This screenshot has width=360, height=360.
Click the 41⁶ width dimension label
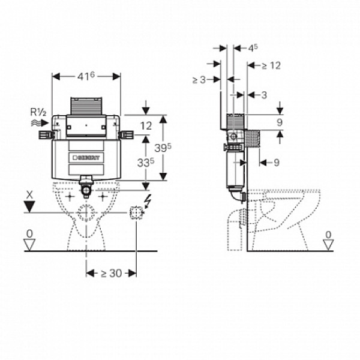point(86,76)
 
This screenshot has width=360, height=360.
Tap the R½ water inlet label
point(38,112)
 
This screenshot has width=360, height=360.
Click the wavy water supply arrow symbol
point(40,123)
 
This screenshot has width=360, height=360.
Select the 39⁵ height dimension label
point(163,148)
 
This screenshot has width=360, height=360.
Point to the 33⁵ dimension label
point(146,163)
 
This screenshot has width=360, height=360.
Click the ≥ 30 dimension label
point(112,273)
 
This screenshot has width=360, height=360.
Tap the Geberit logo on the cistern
point(86,158)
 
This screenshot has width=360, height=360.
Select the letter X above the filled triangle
point(29,195)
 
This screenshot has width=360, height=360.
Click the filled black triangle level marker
point(29,206)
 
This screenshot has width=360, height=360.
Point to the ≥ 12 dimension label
point(271,65)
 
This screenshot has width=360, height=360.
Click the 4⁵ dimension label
point(253,48)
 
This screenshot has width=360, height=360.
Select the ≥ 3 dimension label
point(199,80)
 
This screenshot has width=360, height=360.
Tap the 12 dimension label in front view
point(146,126)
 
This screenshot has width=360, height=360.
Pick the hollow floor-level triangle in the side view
point(328,245)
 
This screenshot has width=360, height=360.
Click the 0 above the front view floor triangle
point(29,234)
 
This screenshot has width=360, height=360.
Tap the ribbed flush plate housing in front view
point(86,106)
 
